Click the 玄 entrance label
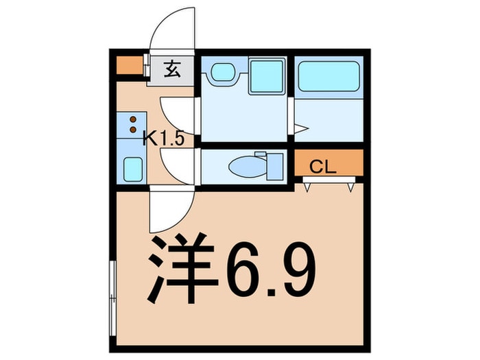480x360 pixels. (x=172, y=69)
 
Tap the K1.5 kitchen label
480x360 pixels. (x=163, y=139)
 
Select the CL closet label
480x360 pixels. (x=322, y=166)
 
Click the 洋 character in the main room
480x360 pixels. (x=177, y=269)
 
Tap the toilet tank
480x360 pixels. (x=273, y=165)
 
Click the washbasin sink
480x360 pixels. (x=221, y=72)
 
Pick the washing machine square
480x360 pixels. (x=267, y=77)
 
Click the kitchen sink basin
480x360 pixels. (x=132, y=167)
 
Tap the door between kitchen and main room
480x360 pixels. (x=171, y=209)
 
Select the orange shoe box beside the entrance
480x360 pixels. (x=128, y=66)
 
